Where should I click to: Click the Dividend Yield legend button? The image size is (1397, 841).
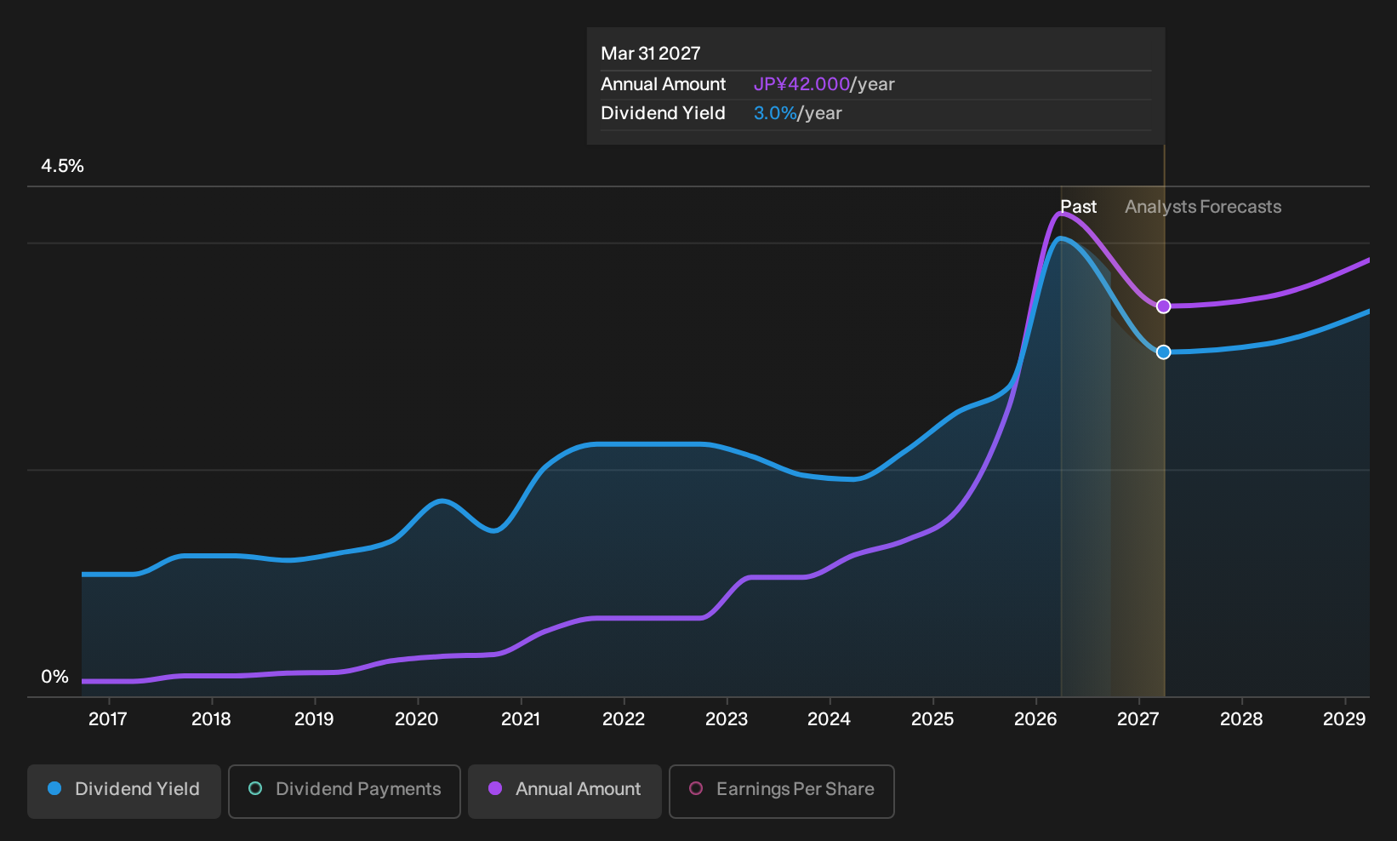[x=124, y=791]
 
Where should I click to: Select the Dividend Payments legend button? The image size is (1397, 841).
[x=345, y=791]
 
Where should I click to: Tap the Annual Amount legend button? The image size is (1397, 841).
[x=564, y=791]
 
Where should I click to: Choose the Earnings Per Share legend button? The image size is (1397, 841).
[x=781, y=791]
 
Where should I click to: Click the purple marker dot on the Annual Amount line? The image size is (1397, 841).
[x=1163, y=306]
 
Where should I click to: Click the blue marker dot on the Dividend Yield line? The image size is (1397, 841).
[x=1163, y=352]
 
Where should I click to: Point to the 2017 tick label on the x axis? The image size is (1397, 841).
[x=108, y=719]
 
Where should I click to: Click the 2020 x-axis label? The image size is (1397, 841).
[x=417, y=719]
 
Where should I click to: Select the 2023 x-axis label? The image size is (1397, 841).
[x=727, y=719]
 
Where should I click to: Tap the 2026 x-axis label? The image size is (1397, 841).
[x=1035, y=719]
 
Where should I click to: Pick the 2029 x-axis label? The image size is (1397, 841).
[x=1344, y=719]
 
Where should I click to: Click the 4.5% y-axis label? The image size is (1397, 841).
[x=62, y=166]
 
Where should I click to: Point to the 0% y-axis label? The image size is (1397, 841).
[x=55, y=677]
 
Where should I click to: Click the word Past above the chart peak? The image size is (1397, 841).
[x=1078, y=207]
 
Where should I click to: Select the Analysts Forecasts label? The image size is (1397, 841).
[x=1203, y=207]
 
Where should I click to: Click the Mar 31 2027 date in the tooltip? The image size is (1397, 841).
[x=651, y=54]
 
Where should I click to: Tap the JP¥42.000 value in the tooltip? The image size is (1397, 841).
[x=801, y=84]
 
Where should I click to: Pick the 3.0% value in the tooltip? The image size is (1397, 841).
[x=775, y=113]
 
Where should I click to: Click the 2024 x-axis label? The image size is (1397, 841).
[x=829, y=719]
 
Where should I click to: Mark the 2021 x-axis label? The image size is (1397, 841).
[x=521, y=719]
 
